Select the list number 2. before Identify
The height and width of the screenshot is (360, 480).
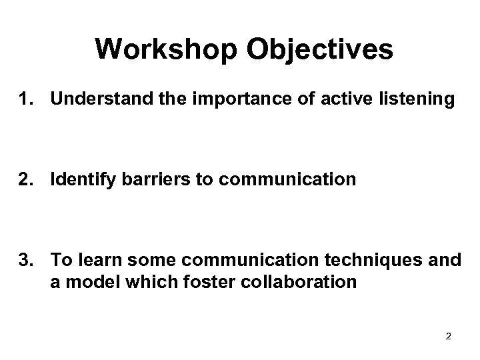(x=26, y=180)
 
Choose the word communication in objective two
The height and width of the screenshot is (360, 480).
(x=275, y=180)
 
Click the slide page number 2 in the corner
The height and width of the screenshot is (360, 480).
(x=448, y=336)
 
